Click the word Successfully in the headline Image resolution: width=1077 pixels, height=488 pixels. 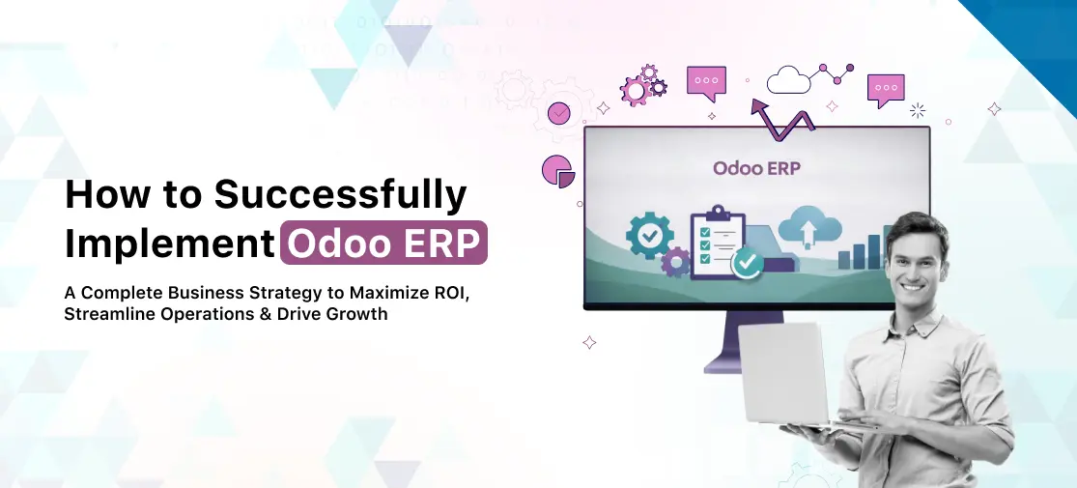340,196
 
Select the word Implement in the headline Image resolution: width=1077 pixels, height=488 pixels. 170,244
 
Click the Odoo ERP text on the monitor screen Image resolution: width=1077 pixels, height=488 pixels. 756,168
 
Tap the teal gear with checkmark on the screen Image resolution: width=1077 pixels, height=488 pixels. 649,235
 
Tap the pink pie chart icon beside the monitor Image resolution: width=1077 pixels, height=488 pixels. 558,170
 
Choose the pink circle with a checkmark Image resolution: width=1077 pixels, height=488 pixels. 558,114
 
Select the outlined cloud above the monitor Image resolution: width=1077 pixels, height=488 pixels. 788,80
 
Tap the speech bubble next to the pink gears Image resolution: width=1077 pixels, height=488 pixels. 706,81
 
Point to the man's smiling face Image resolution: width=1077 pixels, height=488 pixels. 919,260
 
